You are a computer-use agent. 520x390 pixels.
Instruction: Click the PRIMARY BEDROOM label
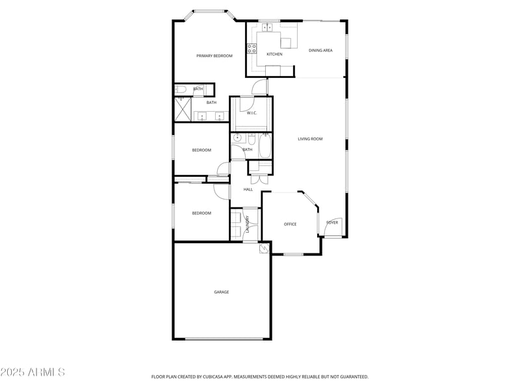tap(214, 56)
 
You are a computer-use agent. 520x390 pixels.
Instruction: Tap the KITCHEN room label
tap(274, 54)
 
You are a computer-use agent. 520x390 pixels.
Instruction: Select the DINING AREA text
tap(320, 50)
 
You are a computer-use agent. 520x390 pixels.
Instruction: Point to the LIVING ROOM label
tap(310, 138)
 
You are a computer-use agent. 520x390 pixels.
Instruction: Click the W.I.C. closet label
tap(252, 113)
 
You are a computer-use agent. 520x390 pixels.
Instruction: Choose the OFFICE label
tap(290, 224)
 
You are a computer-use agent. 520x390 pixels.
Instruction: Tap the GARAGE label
tap(222, 292)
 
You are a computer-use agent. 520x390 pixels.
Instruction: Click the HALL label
tap(248, 189)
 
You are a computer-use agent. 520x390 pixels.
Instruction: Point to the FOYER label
tap(332, 222)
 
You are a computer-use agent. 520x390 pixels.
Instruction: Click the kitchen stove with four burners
tap(251, 47)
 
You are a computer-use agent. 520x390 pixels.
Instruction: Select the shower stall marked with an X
tap(182, 109)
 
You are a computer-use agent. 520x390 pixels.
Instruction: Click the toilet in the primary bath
tap(180, 89)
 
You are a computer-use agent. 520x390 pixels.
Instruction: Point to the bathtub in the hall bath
tap(265, 146)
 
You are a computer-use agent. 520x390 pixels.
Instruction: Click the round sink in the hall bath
tap(237, 138)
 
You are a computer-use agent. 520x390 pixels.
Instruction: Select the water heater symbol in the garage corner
tap(265, 248)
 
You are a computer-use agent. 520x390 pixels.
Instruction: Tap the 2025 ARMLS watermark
tap(32, 372)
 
